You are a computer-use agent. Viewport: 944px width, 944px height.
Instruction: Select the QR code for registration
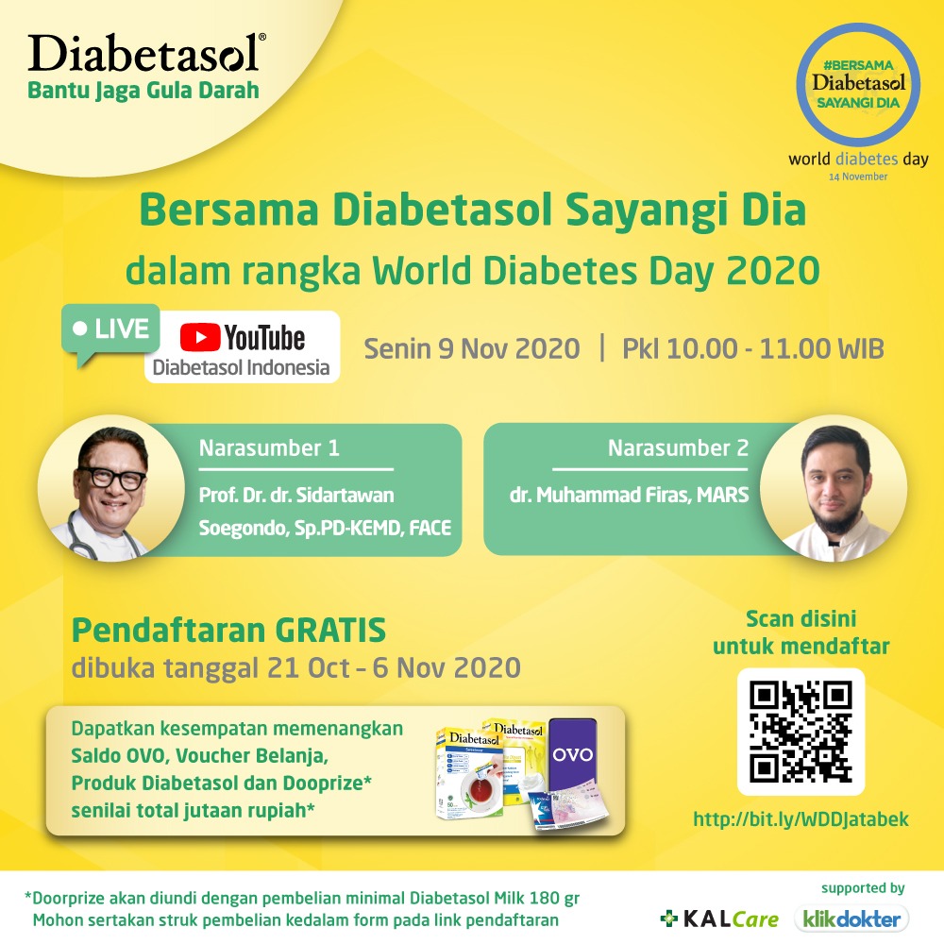(x=801, y=731)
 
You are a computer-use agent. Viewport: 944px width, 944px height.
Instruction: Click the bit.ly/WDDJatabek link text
(x=801, y=819)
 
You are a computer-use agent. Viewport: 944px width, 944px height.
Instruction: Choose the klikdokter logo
(x=851, y=918)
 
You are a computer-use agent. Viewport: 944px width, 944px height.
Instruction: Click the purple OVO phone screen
(x=572, y=754)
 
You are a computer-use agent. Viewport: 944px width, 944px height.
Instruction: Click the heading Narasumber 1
(x=269, y=448)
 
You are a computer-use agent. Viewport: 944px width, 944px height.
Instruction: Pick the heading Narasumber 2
(x=678, y=448)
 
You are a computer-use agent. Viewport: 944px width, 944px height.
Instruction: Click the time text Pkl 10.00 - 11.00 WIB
(x=752, y=349)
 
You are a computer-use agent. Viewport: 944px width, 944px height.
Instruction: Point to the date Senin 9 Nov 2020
(x=472, y=349)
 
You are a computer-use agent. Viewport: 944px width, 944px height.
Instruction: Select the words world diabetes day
(x=858, y=160)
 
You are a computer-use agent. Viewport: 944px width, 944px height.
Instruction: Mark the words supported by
(x=862, y=888)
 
